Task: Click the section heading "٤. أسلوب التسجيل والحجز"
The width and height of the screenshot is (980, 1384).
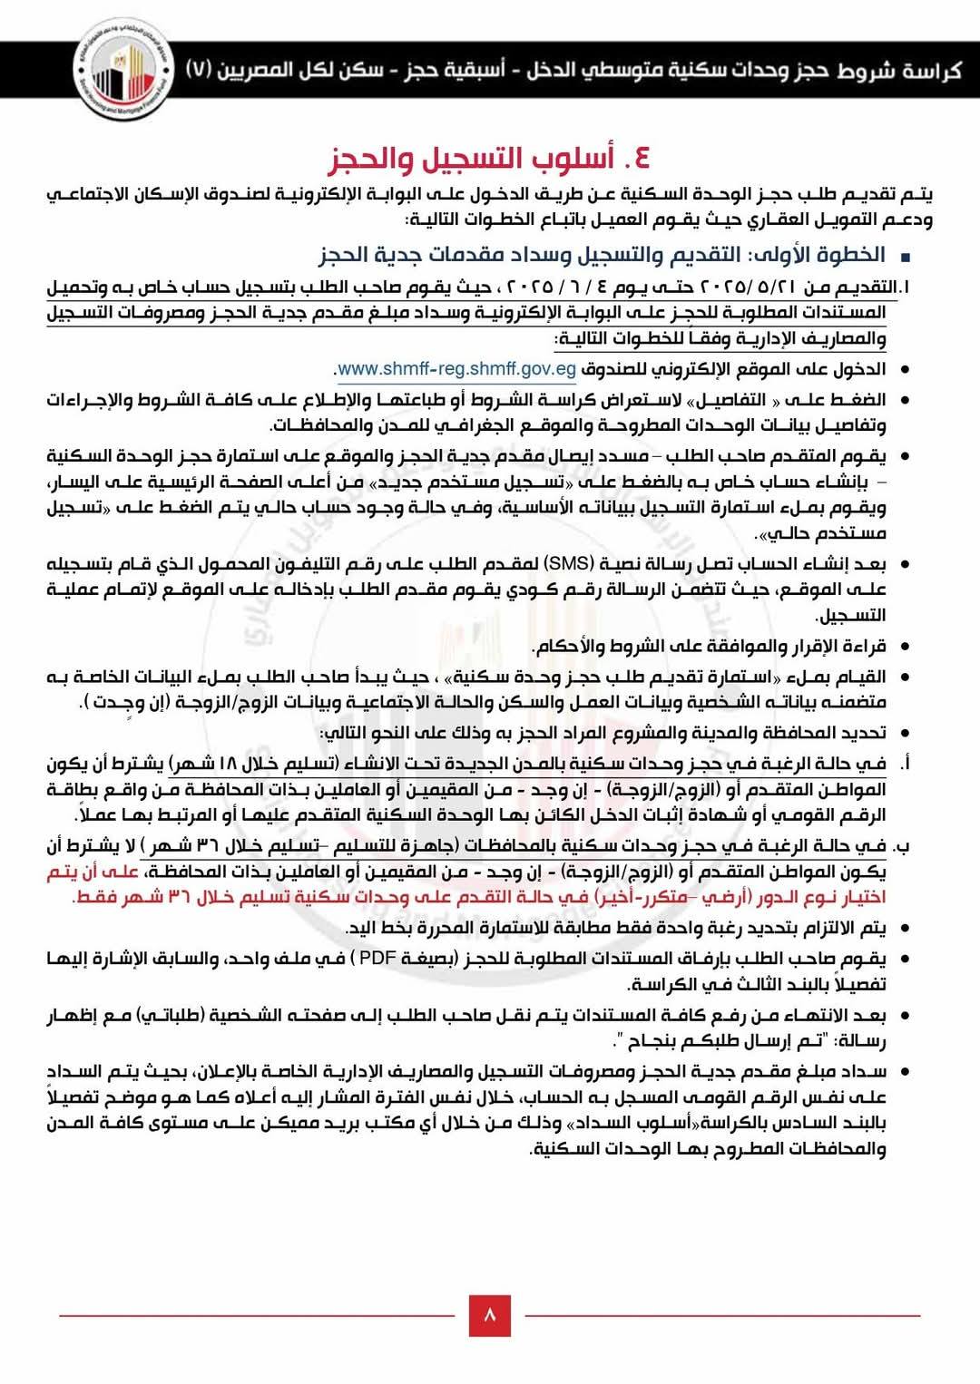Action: click(x=489, y=159)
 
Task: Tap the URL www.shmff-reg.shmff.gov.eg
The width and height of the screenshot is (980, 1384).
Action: click(x=456, y=369)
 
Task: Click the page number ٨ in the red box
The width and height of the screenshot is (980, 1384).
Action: click(x=490, y=1315)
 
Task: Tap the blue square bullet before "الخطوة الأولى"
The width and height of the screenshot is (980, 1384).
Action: click(x=904, y=257)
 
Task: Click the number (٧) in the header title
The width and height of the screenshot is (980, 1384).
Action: click(x=200, y=70)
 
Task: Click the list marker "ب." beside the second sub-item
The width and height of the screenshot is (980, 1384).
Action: click(x=902, y=846)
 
